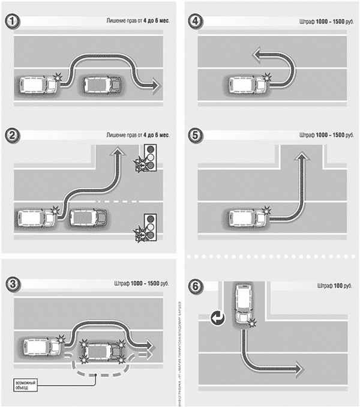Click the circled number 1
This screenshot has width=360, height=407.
click(11, 22)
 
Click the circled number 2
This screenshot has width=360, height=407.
click(11, 135)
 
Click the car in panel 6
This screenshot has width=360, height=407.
click(243, 304)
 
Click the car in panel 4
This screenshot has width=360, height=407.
click(245, 83)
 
